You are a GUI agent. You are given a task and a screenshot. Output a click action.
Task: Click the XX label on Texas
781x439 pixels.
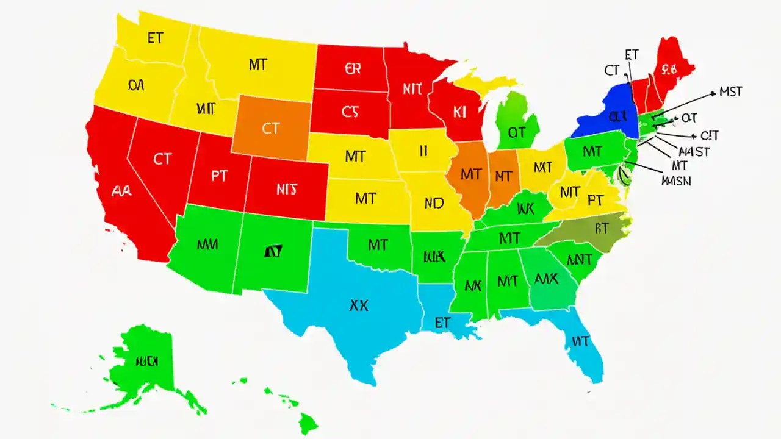click(x=358, y=306)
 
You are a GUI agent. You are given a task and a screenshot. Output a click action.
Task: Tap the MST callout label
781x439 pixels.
click(x=730, y=92)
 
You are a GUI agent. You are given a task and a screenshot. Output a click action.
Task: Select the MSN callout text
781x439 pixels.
click(x=676, y=180)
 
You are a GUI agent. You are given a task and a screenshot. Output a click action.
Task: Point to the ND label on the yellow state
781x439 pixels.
click(x=433, y=204)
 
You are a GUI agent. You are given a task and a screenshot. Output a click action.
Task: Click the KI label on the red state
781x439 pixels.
click(x=460, y=112)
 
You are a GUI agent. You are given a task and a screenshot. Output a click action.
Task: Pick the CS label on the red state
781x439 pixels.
click(x=350, y=112)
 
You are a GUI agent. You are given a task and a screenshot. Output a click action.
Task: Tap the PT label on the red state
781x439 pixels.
click(x=219, y=176)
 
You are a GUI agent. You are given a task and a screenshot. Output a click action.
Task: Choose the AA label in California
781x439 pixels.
click(x=123, y=190)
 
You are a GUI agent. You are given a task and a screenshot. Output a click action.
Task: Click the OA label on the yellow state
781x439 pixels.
click(x=136, y=86)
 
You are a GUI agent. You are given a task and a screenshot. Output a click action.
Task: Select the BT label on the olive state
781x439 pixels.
click(x=602, y=229)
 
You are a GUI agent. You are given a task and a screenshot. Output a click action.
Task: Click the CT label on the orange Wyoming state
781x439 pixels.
click(x=271, y=129)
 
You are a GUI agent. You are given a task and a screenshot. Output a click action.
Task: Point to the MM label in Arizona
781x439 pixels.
click(x=208, y=244)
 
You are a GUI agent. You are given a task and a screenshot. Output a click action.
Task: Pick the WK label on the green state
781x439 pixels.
click(x=525, y=209)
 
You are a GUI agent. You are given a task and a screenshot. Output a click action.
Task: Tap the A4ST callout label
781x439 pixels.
click(x=694, y=152)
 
